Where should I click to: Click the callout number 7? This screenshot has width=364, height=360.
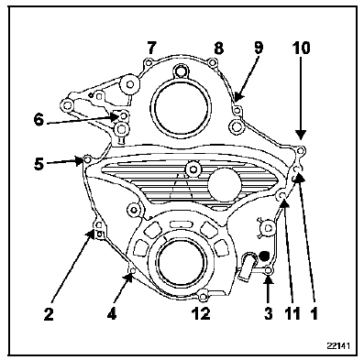click(x=152, y=48)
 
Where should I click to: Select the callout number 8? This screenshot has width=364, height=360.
click(x=218, y=48)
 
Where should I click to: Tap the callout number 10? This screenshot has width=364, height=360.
click(x=301, y=48)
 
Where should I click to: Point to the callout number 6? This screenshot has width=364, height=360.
click(x=39, y=120)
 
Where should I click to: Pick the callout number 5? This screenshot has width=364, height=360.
click(x=39, y=164)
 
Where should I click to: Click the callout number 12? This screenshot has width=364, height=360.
click(x=201, y=313)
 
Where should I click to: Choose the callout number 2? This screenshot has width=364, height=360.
click(x=49, y=314)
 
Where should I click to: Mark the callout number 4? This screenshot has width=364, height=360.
click(x=112, y=314)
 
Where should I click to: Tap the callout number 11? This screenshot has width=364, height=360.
click(x=292, y=313)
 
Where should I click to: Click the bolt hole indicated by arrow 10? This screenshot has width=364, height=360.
click(x=301, y=151)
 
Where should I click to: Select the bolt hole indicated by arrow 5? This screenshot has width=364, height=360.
click(x=87, y=159)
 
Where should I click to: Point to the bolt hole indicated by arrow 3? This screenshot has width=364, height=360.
click(x=269, y=270)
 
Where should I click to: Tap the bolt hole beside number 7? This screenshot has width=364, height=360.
click(x=149, y=63)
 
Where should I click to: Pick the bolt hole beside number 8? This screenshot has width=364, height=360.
click(x=212, y=63)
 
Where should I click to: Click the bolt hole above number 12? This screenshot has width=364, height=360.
click(x=202, y=296)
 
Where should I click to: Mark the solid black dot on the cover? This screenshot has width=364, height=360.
click(x=263, y=255)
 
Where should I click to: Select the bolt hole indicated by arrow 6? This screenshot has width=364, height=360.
click(x=124, y=115)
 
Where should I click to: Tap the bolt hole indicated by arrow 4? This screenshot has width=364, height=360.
click(x=133, y=271)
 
